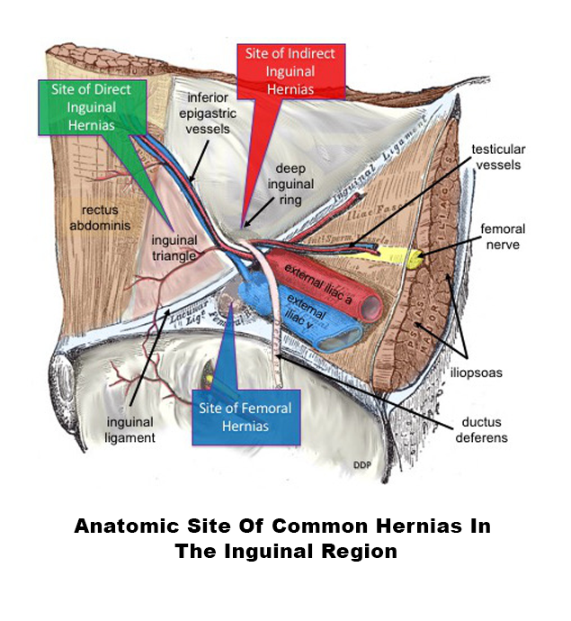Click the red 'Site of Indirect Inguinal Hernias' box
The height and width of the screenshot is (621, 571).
click(290, 70)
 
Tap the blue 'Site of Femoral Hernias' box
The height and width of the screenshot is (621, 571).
click(244, 417)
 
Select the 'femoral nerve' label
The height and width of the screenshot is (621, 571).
click(502, 237)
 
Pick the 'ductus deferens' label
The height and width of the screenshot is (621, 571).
click(483, 430)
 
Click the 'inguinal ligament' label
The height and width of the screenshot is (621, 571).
click(130, 429)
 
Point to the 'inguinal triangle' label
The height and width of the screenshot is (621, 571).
click(174, 247)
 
